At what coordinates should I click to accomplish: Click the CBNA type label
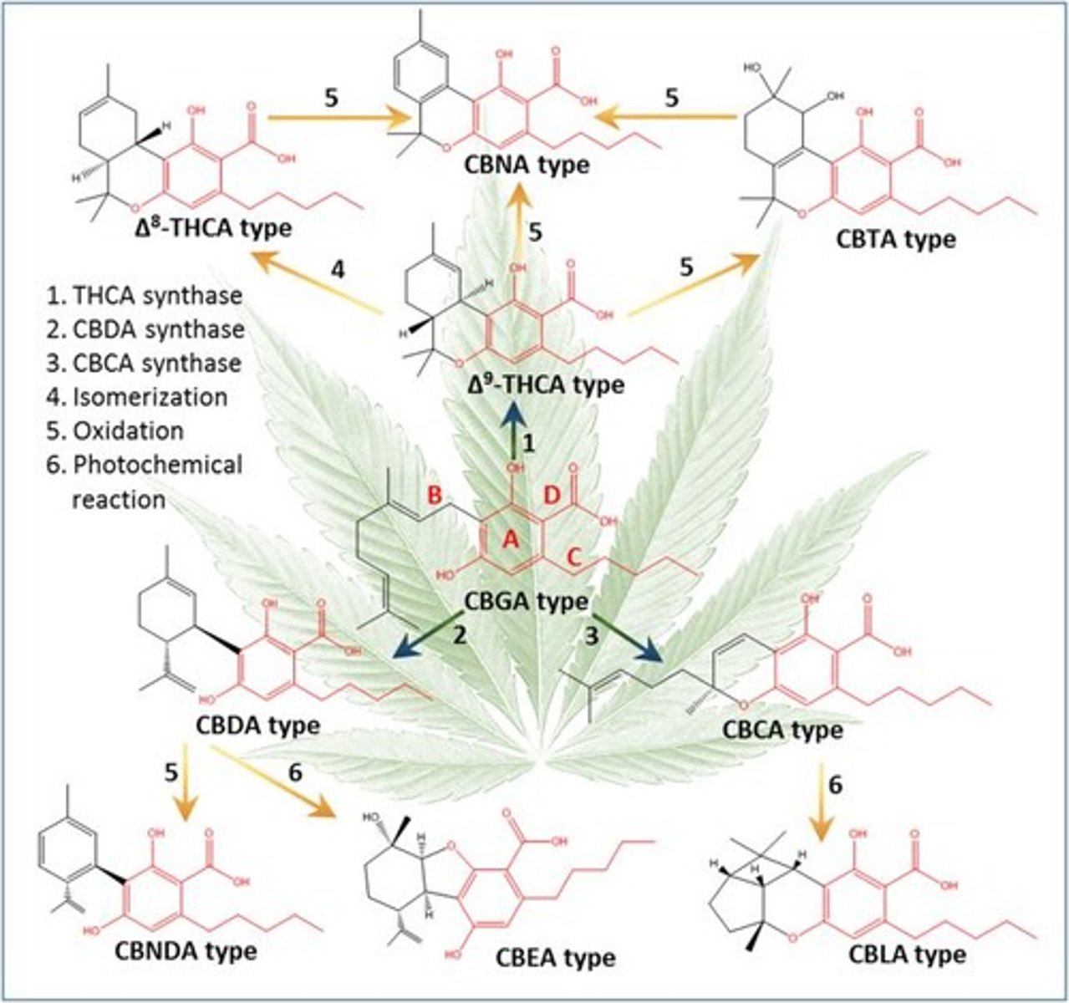click(528, 165)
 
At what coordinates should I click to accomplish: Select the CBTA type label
click(895, 238)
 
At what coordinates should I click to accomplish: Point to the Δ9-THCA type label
click(547, 385)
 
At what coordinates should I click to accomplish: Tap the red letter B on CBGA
click(435, 495)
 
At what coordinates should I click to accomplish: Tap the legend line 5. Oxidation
click(115, 430)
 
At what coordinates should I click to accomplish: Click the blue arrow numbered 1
click(512, 430)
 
